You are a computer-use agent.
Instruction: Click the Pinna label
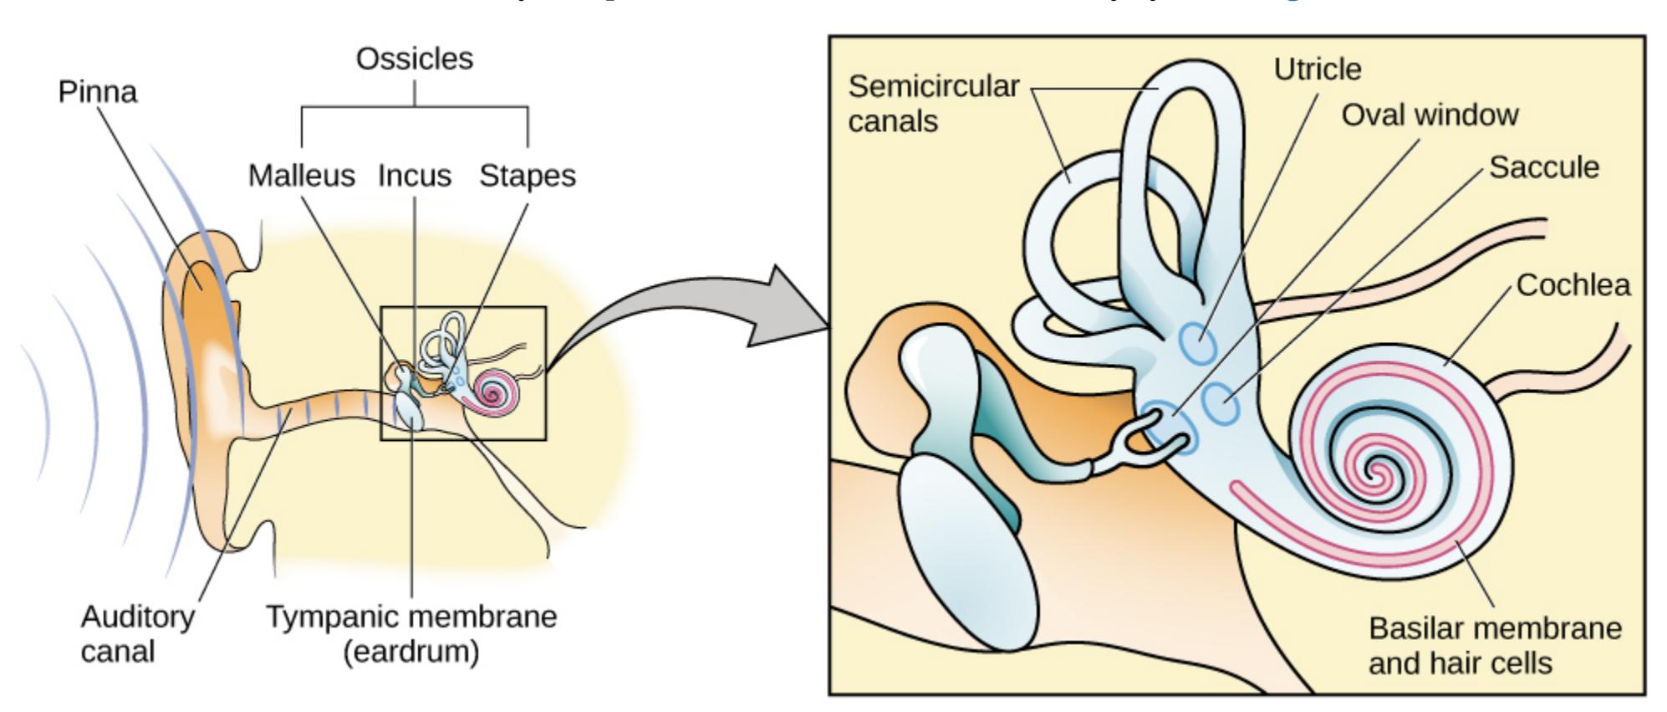97,91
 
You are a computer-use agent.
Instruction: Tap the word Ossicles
414,59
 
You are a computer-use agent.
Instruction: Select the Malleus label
301,176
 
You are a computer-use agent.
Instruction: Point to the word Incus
414,176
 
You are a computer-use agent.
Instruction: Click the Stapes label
527,176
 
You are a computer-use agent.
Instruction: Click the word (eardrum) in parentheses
410,652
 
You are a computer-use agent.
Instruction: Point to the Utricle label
1317,69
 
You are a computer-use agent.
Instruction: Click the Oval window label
1430,115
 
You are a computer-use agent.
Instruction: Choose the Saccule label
1543,167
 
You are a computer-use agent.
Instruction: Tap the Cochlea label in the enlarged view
1573,285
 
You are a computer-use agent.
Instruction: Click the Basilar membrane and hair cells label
1494,645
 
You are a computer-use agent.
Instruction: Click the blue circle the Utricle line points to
1199,343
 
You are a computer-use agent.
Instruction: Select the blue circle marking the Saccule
1221,403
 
